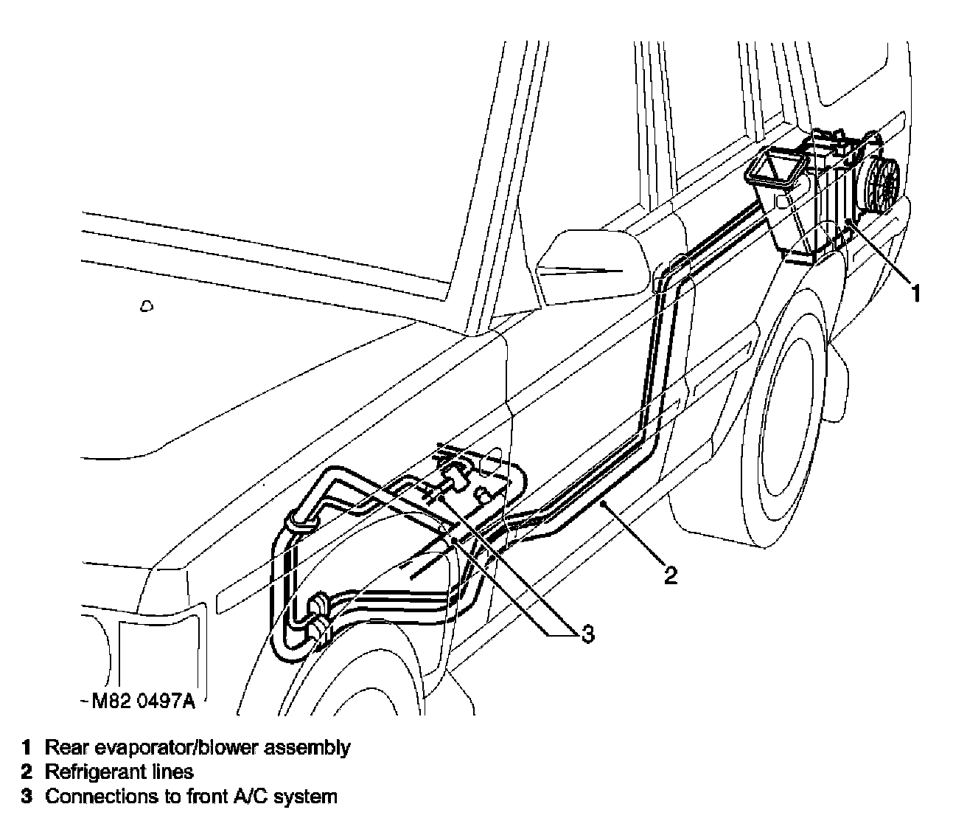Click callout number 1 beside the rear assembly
click(x=915, y=294)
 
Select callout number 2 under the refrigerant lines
click(x=670, y=575)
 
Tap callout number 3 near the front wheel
click(x=587, y=633)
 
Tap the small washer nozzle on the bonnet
click(x=147, y=305)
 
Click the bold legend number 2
click(x=27, y=772)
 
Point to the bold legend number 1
click(x=27, y=747)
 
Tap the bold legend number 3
click(x=27, y=797)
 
